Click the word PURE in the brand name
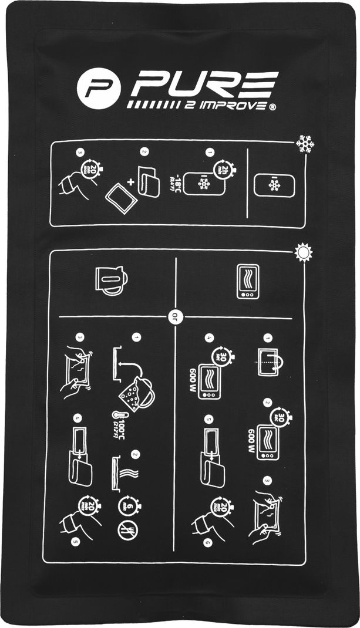tap(204, 86)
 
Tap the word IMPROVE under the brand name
tap(229, 106)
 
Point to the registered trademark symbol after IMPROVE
tap(272, 106)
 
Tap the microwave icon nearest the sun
tap(247, 282)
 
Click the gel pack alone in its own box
tap(273, 185)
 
